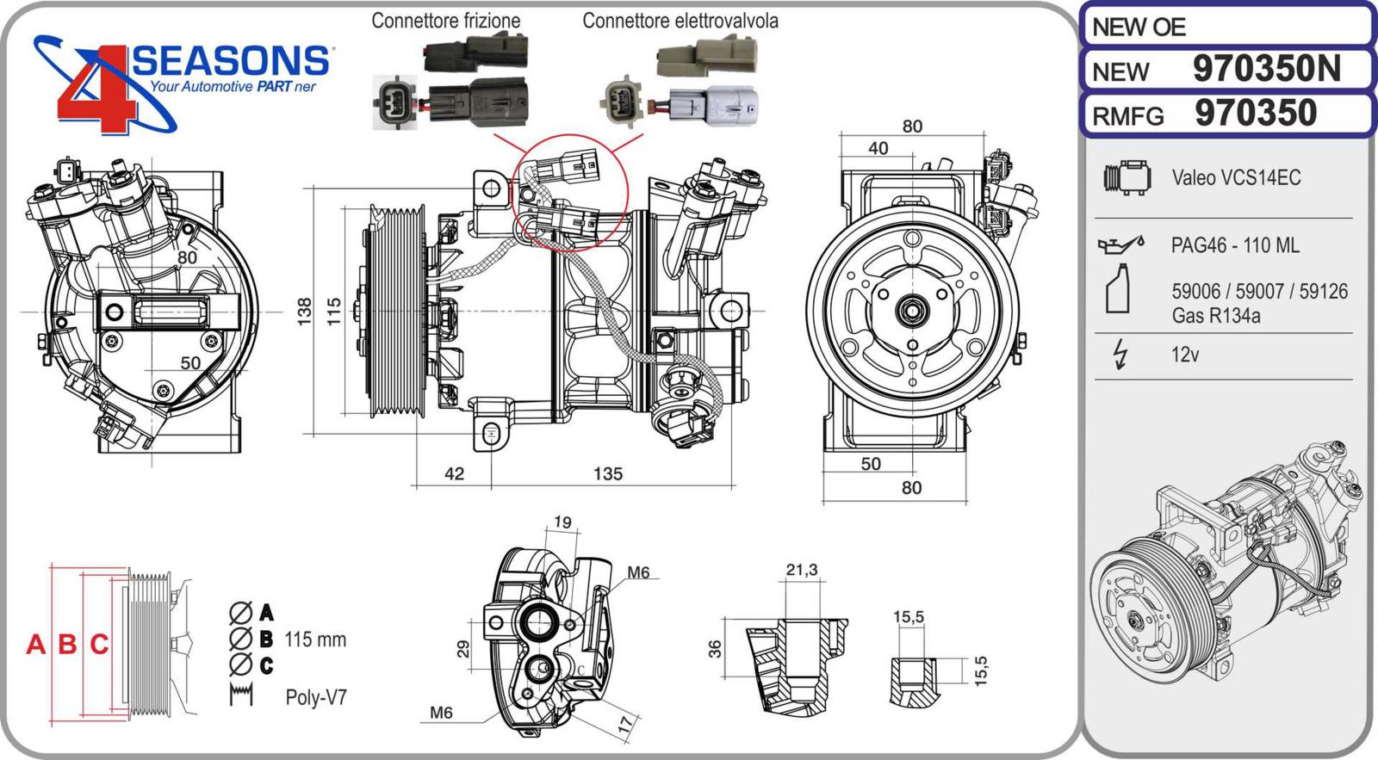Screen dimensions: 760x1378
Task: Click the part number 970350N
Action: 1266,69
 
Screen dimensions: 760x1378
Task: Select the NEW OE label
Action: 1139,28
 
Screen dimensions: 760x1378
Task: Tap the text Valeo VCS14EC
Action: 1236,178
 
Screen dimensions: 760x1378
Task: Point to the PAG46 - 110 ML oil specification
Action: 1235,245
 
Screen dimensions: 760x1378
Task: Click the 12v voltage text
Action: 1185,355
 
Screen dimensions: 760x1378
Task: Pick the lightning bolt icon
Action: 1120,354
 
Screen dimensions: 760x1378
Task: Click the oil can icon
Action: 1120,245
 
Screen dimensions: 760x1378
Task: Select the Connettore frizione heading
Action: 445,21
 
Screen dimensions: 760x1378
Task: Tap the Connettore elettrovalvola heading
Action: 680,21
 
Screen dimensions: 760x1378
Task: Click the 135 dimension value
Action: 608,473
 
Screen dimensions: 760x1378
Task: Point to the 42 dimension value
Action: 454,473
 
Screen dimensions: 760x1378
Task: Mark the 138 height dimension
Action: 305,311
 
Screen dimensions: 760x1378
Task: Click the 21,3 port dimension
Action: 801,570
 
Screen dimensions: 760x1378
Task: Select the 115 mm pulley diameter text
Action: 315,640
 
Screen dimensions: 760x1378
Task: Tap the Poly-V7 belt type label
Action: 316,697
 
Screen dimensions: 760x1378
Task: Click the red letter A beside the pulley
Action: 35,644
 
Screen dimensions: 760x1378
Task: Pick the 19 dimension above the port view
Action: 562,522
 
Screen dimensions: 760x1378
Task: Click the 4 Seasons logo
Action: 181,82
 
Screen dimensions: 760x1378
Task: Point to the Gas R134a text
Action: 1215,316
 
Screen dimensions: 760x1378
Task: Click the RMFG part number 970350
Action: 1256,114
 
